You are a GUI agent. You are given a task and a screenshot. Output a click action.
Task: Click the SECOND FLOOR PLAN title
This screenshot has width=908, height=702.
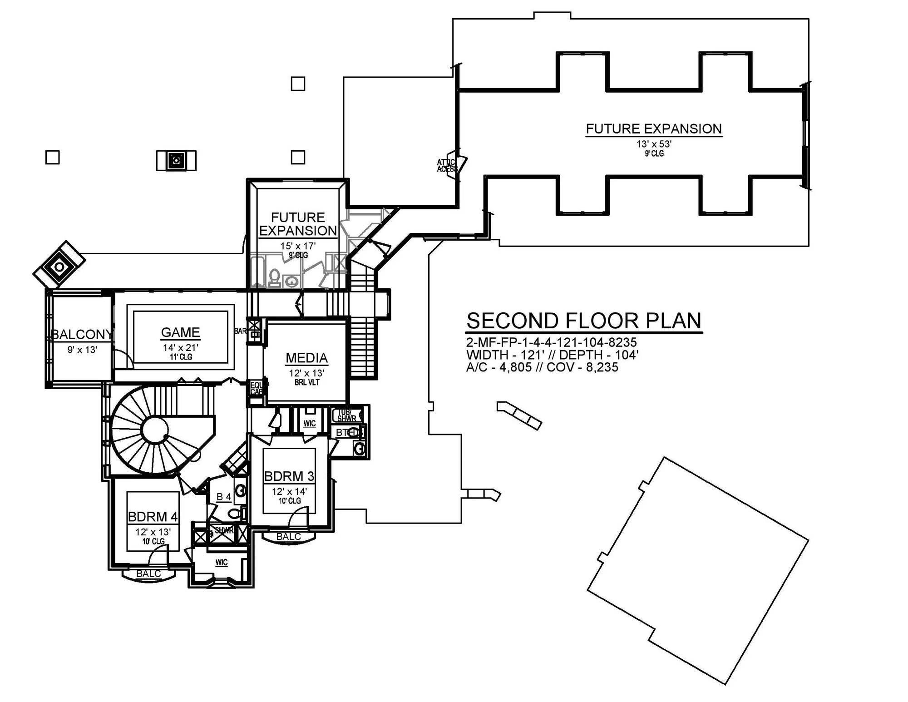pyautogui.click(x=584, y=321)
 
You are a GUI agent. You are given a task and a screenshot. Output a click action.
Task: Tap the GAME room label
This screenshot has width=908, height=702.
pyautogui.click(x=180, y=332)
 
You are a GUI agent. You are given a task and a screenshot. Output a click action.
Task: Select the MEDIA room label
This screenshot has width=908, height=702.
pyautogui.click(x=306, y=358)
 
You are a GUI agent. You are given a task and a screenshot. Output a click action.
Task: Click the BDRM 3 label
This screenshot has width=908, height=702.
pyautogui.click(x=289, y=476)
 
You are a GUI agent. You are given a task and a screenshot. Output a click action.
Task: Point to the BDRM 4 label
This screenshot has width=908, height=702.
pyautogui.click(x=153, y=517)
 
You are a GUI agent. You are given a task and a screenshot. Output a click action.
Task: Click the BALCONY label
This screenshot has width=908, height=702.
pyautogui.click(x=82, y=335)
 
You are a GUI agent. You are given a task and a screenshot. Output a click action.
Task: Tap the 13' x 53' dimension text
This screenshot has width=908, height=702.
pyautogui.click(x=653, y=144)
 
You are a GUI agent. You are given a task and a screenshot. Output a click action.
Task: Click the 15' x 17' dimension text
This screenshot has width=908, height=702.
pyautogui.click(x=298, y=246)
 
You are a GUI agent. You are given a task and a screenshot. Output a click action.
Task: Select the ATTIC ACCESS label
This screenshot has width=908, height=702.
pyautogui.click(x=447, y=166)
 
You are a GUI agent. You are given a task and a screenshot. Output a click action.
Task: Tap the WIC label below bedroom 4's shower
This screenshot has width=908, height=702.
pyautogui.click(x=222, y=563)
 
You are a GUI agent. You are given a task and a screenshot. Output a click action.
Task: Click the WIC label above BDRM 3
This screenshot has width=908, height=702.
pyautogui.click(x=310, y=424)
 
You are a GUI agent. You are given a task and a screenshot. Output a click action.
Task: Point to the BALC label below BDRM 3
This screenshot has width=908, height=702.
pyautogui.click(x=288, y=537)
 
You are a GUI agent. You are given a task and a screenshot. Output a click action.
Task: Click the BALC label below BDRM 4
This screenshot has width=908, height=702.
pyautogui.click(x=148, y=573)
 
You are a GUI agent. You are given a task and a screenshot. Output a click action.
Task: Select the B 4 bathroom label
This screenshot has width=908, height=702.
pyautogui.click(x=223, y=497)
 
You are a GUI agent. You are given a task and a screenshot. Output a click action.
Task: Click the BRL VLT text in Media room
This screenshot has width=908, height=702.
pyautogui.click(x=307, y=382)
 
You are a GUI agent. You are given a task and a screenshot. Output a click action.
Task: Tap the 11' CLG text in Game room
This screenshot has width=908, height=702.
pyautogui.click(x=181, y=357)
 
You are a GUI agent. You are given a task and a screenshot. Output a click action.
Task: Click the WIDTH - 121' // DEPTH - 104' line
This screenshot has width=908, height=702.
pyautogui.click(x=552, y=355)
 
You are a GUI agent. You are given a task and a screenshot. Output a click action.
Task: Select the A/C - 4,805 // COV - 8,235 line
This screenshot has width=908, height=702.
pyautogui.click(x=542, y=367)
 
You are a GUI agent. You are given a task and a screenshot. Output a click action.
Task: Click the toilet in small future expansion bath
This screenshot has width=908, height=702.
pyautogui.click(x=275, y=277)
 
